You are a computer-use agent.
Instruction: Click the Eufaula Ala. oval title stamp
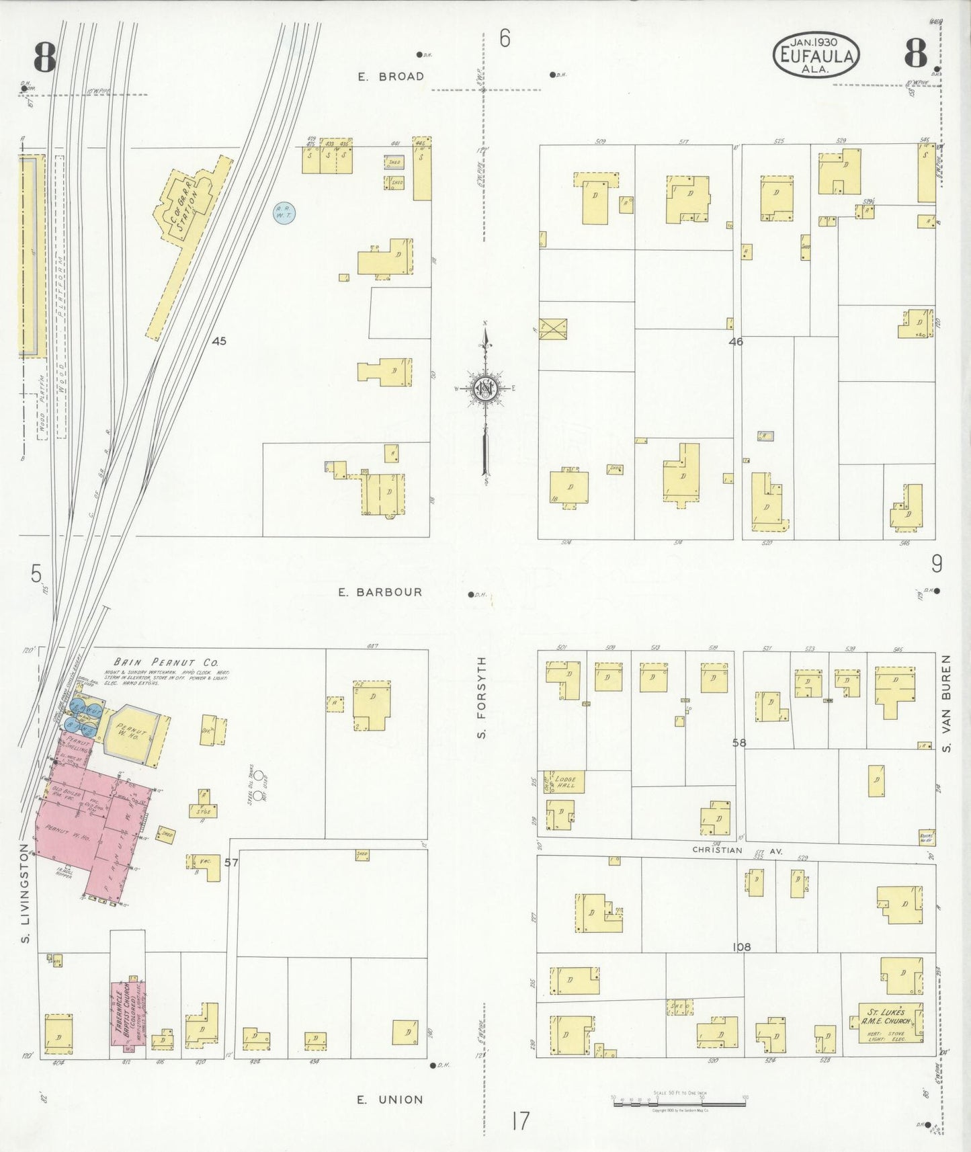[x=816, y=55]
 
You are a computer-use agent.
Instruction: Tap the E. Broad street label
[x=391, y=77]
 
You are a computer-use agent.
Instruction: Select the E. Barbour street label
[x=390, y=592]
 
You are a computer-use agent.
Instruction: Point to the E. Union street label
[x=390, y=1100]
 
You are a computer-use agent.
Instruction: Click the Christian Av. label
[x=737, y=850]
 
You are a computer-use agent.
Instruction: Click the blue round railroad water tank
[x=284, y=214]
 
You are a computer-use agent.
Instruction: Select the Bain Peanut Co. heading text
[x=166, y=661]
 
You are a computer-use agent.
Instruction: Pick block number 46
[x=736, y=341]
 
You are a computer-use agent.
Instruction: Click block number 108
[x=741, y=947]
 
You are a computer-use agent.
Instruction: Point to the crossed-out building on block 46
[x=553, y=329]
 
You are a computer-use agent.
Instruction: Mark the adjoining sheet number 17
[x=519, y=1121]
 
